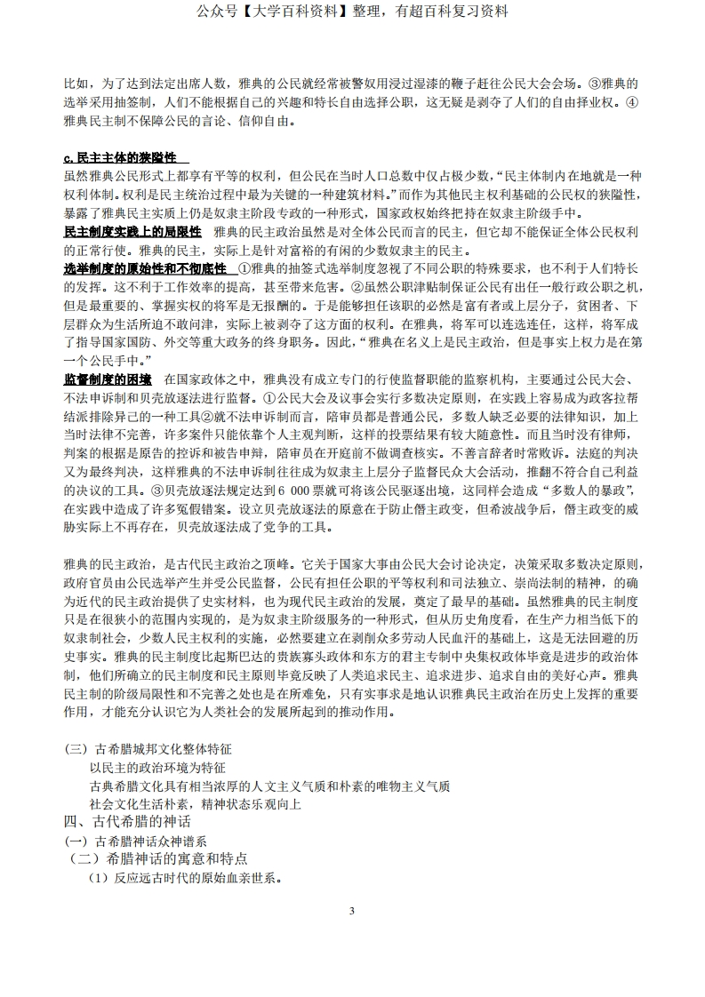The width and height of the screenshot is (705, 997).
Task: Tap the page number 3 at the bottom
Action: [352, 912]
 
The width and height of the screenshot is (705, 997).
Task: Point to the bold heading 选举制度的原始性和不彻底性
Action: [146, 269]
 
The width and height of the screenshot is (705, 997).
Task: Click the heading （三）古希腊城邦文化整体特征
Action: [148, 749]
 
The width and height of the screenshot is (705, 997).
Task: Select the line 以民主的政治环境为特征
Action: [157, 768]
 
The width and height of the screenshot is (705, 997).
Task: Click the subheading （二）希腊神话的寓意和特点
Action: [157, 859]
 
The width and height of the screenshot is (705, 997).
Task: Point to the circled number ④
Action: [632, 103]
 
